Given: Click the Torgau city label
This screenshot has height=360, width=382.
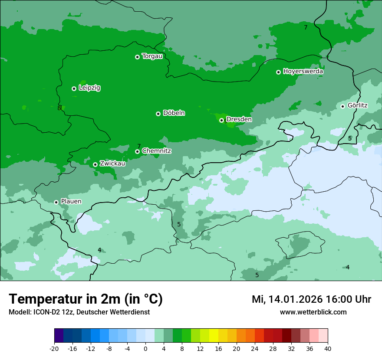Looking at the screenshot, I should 152,56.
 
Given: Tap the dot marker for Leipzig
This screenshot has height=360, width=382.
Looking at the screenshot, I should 74,88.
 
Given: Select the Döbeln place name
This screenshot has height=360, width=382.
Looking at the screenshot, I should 174,113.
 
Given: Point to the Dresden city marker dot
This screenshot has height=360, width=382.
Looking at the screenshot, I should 221,120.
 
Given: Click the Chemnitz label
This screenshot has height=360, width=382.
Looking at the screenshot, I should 156,151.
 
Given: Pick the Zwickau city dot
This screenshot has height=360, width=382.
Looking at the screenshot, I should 95,164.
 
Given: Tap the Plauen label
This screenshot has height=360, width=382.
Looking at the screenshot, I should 71,202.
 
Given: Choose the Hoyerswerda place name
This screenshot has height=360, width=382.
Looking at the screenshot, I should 303,72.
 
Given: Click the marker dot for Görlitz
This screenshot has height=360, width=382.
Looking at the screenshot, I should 342,106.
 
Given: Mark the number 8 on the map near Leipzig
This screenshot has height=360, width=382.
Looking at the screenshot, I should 59,108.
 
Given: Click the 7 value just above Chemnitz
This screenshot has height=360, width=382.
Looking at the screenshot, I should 139,146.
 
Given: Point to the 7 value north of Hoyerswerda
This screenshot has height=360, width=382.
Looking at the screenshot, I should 306,27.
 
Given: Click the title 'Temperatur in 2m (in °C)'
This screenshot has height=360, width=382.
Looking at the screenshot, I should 86,299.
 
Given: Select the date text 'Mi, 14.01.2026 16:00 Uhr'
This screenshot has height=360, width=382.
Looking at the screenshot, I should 311,299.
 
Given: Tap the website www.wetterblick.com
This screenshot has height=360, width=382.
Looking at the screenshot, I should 313,312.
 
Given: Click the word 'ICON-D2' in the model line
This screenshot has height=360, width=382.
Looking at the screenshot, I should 46,312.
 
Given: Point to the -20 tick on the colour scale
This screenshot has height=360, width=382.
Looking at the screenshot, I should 54,348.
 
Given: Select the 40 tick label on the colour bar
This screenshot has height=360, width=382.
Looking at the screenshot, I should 328,348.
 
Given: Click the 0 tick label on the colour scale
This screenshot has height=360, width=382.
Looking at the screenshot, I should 145,348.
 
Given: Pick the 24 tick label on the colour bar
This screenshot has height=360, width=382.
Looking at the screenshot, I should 255,348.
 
